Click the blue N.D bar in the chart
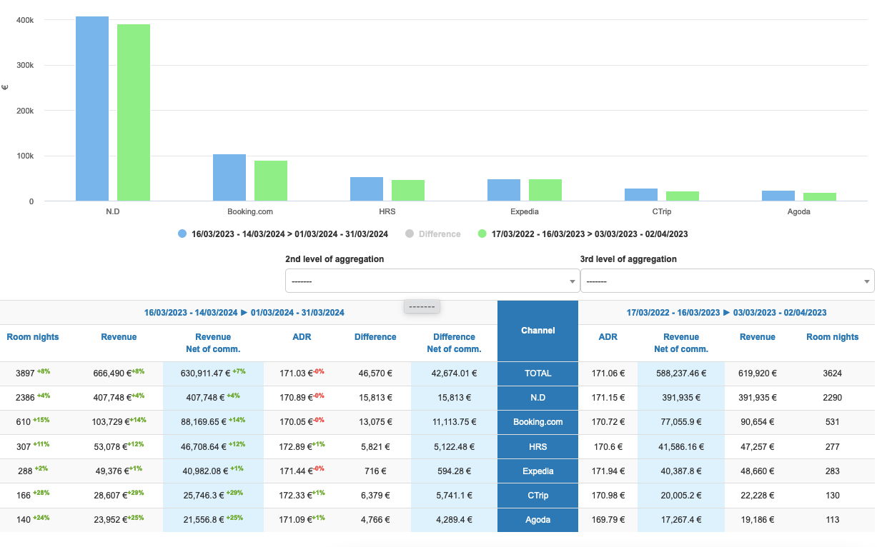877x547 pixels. (x=92, y=109)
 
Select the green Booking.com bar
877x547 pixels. (x=271, y=181)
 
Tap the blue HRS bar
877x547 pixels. (x=367, y=189)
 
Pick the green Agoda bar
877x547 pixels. (x=820, y=197)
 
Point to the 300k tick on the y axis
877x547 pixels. (x=26, y=65)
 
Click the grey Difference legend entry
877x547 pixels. (x=433, y=234)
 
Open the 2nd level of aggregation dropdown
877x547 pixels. (x=432, y=281)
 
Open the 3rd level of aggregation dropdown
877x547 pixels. (x=727, y=281)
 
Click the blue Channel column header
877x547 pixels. (x=537, y=331)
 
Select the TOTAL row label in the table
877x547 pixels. (x=537, y=373)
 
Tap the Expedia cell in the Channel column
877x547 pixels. (x=537, y=471)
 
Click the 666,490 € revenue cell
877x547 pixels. (x=115, y=373)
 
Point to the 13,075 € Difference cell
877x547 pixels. (x=375, y=422)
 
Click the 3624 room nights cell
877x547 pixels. (x=832, y=373)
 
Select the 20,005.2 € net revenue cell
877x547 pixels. (x=680, y=496)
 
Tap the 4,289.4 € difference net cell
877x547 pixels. (x=454, y=520)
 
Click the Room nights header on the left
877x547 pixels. (x=33, y=337)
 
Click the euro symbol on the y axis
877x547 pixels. (x=5, y=87)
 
